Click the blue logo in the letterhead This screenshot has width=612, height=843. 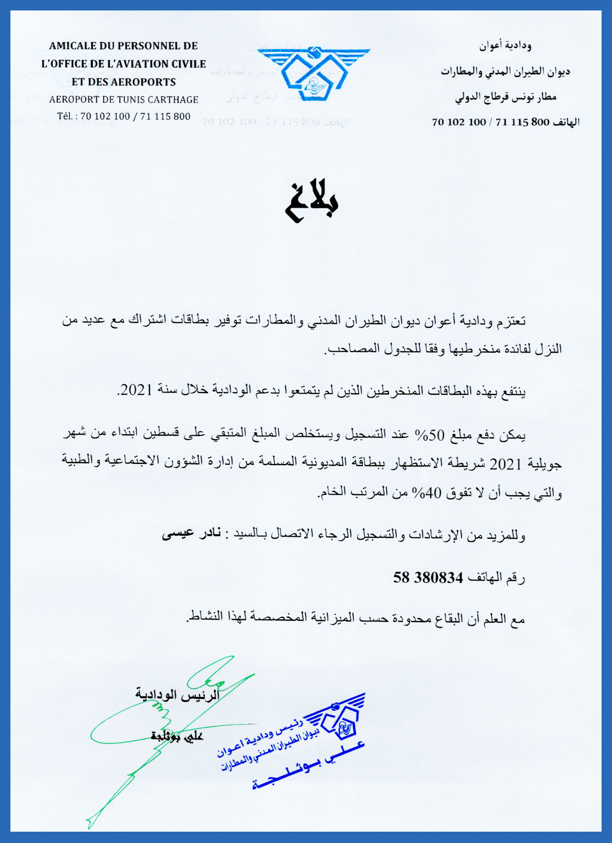pos(314,73)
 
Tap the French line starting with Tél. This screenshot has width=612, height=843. pos(124,116)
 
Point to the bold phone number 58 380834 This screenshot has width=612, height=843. pos(428,578)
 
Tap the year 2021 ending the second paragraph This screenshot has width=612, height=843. pos(136,390)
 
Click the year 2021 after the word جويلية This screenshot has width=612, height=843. pos(505,464)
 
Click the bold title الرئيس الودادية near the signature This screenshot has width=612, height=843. pos(177,695)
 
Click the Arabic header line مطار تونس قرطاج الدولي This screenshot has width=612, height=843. pos(506,97)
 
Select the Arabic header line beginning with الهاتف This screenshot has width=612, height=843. pos(506,122)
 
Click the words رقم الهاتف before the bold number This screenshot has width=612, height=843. pos(496,578)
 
